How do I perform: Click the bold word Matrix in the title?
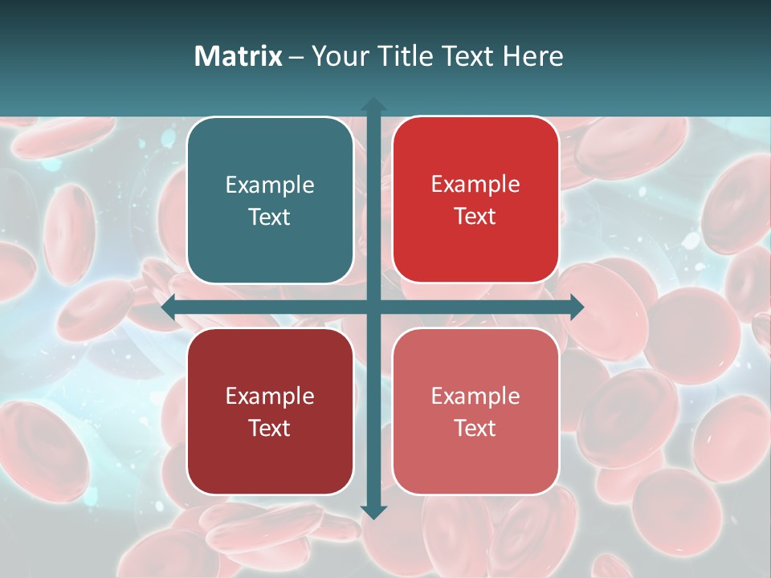click(239, 56)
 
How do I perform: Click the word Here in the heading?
click(532, 56)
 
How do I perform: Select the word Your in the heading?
click(337, 56)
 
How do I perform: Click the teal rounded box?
click(270, 200)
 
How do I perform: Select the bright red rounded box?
click(475, 200)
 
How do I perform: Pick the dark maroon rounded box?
click(270, 411)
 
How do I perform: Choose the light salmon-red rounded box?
click(475, 411)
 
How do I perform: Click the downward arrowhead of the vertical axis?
click(373, 511)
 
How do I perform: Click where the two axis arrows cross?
click(373, 307)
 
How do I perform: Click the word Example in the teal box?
click(270, 185)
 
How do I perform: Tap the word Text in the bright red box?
click(475, 217)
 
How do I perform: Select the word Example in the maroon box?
click(270, 397)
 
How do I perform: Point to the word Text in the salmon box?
click(475, 428)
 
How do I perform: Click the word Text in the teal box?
click(270, 218)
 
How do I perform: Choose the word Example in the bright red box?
click(475, 185)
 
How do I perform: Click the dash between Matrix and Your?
click(296, 57)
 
